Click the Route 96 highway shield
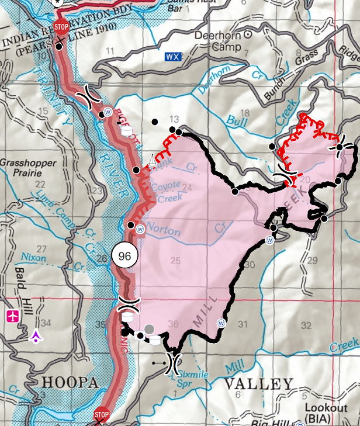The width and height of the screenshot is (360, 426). coord(124,255)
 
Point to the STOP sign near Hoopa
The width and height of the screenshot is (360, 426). coord(102,416)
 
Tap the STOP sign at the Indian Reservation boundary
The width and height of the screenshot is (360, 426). coord(61,26)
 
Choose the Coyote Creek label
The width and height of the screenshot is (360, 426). coord(167,191)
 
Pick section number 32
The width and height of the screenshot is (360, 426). coord(306,324)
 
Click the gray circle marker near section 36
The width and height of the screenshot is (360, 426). coord(149,330)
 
